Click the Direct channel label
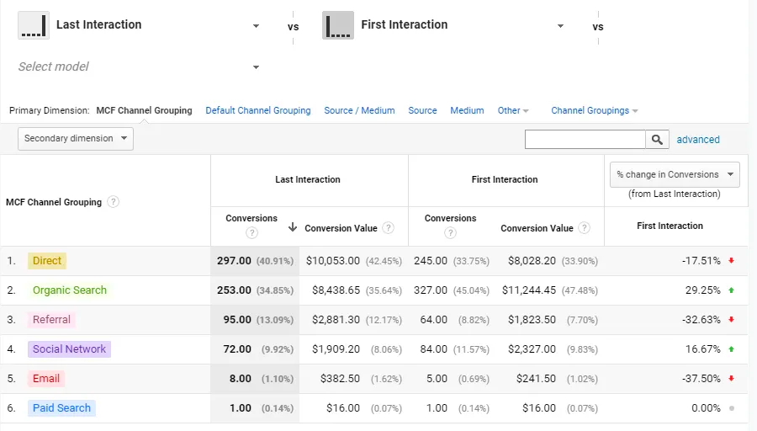47,261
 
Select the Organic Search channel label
70,290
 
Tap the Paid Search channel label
61,408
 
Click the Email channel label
46,379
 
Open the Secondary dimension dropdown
76,139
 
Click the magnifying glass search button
657,140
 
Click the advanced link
698,140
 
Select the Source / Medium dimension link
359,110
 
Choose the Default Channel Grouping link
258,110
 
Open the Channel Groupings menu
595,110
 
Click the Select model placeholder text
54,67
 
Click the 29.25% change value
702,290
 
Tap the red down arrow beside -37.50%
732,379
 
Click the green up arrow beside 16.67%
732,349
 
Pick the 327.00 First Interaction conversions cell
431,290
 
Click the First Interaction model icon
337,25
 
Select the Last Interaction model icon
33,25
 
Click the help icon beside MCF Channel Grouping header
114,202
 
